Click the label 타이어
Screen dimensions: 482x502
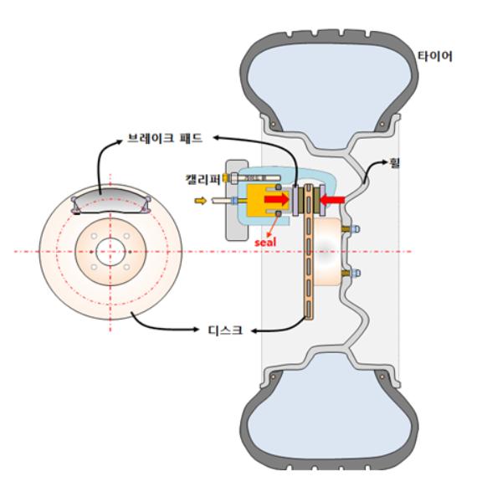tap(434, 56)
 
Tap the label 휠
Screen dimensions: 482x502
tap(395, 162)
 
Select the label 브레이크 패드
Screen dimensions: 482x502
tap(165, 138)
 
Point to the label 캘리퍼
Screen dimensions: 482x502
tap(203, 179)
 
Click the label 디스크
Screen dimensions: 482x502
tap(225, 330)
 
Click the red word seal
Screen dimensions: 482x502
tap(265, 243)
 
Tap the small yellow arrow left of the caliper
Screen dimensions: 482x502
tap(201, 201)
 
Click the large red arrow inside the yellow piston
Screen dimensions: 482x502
tap(277, 199)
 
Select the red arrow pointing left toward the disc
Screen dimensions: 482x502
tap(332, 201)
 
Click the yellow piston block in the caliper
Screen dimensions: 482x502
tap(262, 201)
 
